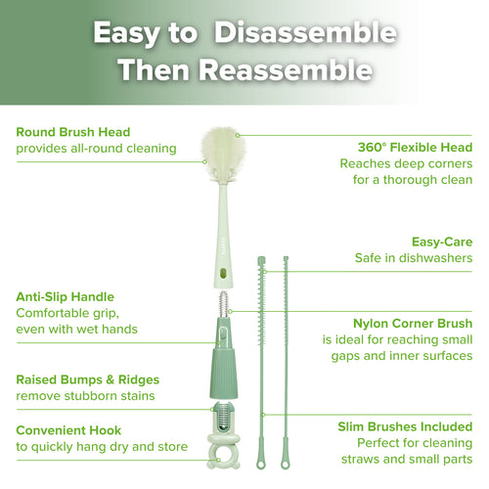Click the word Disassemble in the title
305,33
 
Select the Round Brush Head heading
73,132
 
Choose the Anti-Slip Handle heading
66,296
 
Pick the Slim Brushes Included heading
405,426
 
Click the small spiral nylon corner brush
222,302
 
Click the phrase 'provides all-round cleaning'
96,149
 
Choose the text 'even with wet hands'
76,330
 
